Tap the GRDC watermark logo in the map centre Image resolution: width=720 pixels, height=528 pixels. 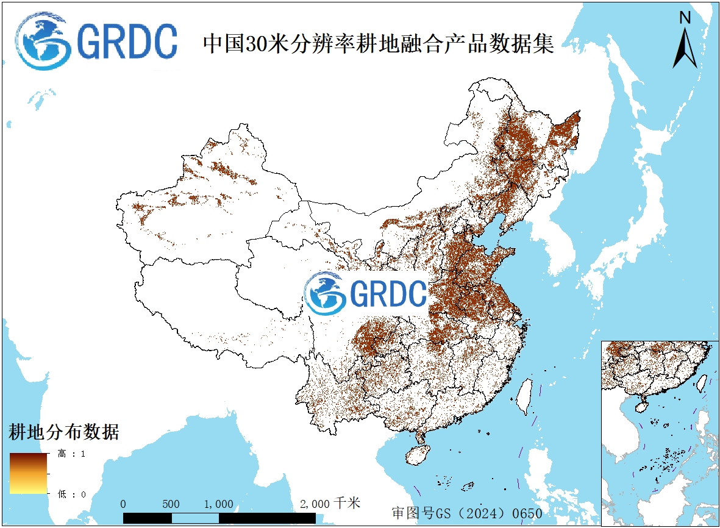click(x=366, y=293)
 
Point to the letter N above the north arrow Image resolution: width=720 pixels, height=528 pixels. click(x=685, y=18)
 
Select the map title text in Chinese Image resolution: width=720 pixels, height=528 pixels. click(x=378, y=44)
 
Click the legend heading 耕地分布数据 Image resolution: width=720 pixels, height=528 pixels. click(x=63, y=432)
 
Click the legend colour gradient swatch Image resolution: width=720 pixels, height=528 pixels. click(x=28, y=473)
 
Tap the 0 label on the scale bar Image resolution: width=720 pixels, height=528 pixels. click(x=124, y=504)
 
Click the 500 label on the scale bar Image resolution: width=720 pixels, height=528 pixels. click(x=171, y=504)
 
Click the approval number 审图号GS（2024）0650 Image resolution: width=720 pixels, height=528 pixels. click(x=467, y=513)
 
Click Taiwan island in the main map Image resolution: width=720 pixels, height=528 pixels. click(x=524, y=395)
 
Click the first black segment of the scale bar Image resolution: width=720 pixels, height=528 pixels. click(x=148, y=518)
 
